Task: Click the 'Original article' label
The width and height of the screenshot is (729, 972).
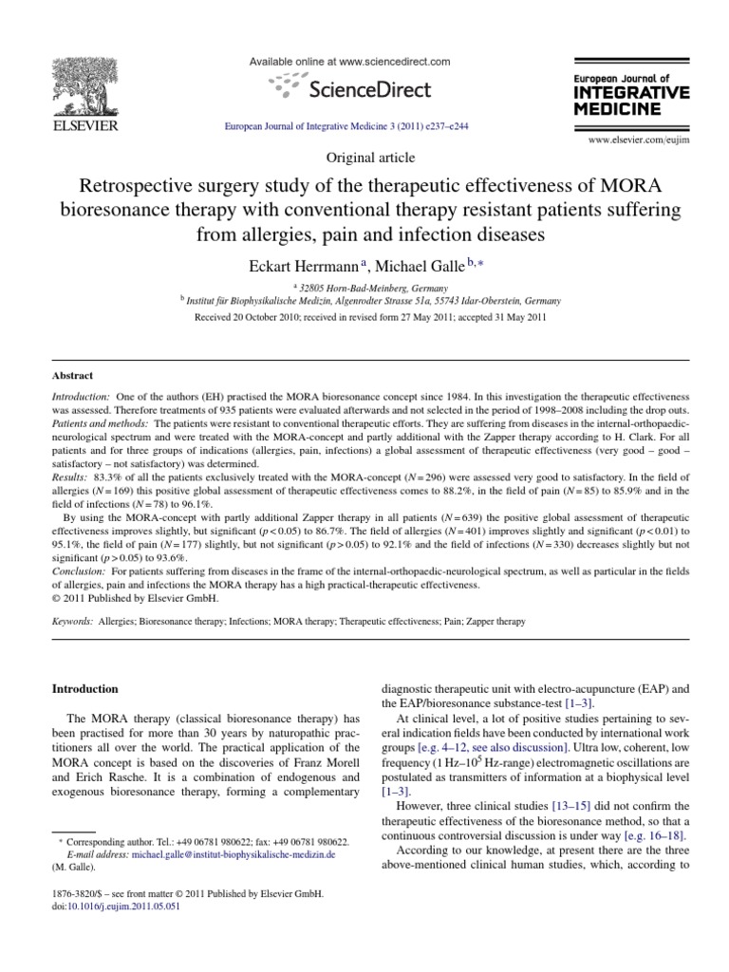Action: coord(364,159)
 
